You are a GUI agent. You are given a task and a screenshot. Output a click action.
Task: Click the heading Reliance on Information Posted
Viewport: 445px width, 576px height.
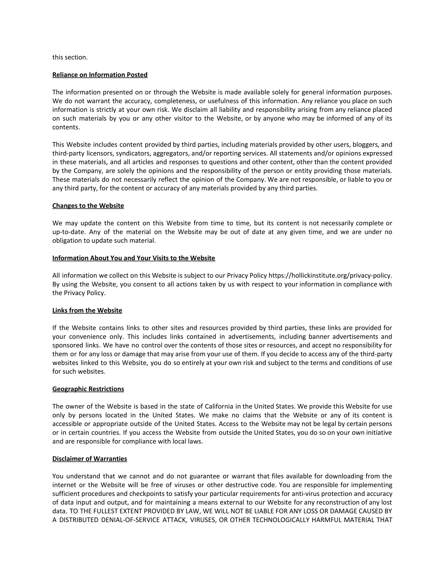pyautogui.click(x=100, y=75)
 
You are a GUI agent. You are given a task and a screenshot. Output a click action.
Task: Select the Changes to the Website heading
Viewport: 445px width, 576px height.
pyautogui.click(x=88, y=206)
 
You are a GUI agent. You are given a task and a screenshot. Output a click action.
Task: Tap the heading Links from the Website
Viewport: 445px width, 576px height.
pyautogui.click(x=87, y=311)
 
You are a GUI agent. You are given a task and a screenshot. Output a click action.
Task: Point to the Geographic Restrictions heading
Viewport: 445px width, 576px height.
pyautogui.click(x=88, y=389)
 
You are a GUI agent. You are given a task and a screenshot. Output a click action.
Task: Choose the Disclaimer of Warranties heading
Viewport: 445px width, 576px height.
pyautogui.click(x=90, y=459)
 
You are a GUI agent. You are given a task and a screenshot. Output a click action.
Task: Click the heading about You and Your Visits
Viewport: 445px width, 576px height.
pyautogui.click(x=134, y=258)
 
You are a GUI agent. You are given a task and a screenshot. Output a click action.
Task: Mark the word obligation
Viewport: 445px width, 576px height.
pyautogui.click(x=67, y=241)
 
